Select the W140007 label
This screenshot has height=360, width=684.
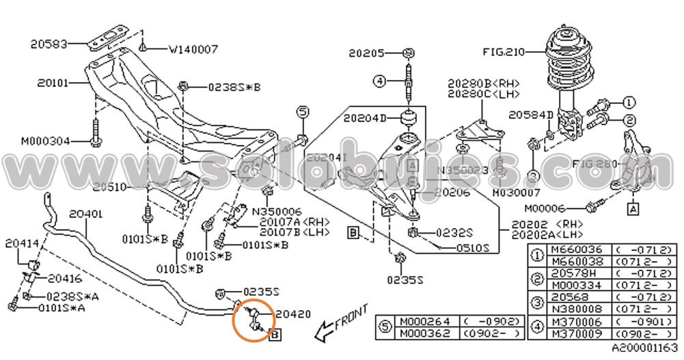pos(193,49)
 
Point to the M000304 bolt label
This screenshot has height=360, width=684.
pos(45,141)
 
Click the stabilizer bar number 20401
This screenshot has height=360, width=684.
pos(85,214)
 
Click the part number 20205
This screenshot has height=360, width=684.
pos(368,52)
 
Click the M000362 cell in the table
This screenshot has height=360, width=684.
pos(426,333)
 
